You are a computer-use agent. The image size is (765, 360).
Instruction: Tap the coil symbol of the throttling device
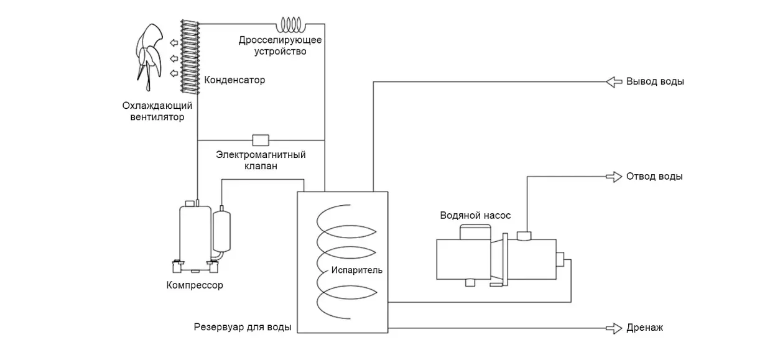[292, 24]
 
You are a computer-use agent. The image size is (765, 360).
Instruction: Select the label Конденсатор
[234, 80]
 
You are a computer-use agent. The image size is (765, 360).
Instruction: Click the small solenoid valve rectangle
[260, 139]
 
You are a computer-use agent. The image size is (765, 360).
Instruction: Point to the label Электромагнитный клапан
[261, 160]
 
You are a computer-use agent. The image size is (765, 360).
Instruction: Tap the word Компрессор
[195, 285]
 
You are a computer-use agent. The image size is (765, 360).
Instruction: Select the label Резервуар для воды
[243, 327]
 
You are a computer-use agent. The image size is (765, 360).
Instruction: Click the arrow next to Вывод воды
[614, 81]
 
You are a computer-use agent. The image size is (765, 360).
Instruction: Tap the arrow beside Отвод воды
[614, 177]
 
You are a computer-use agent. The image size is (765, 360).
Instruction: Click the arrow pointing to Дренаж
[614, 328]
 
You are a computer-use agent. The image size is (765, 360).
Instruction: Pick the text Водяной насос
[475, 215]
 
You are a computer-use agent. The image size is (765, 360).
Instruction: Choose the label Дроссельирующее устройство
[280, 46]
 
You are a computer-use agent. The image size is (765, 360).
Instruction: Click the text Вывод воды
[655, 81]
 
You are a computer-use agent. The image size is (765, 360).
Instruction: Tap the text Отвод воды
[654, 177]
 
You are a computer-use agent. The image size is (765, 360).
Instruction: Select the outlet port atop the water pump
[524, 236]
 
